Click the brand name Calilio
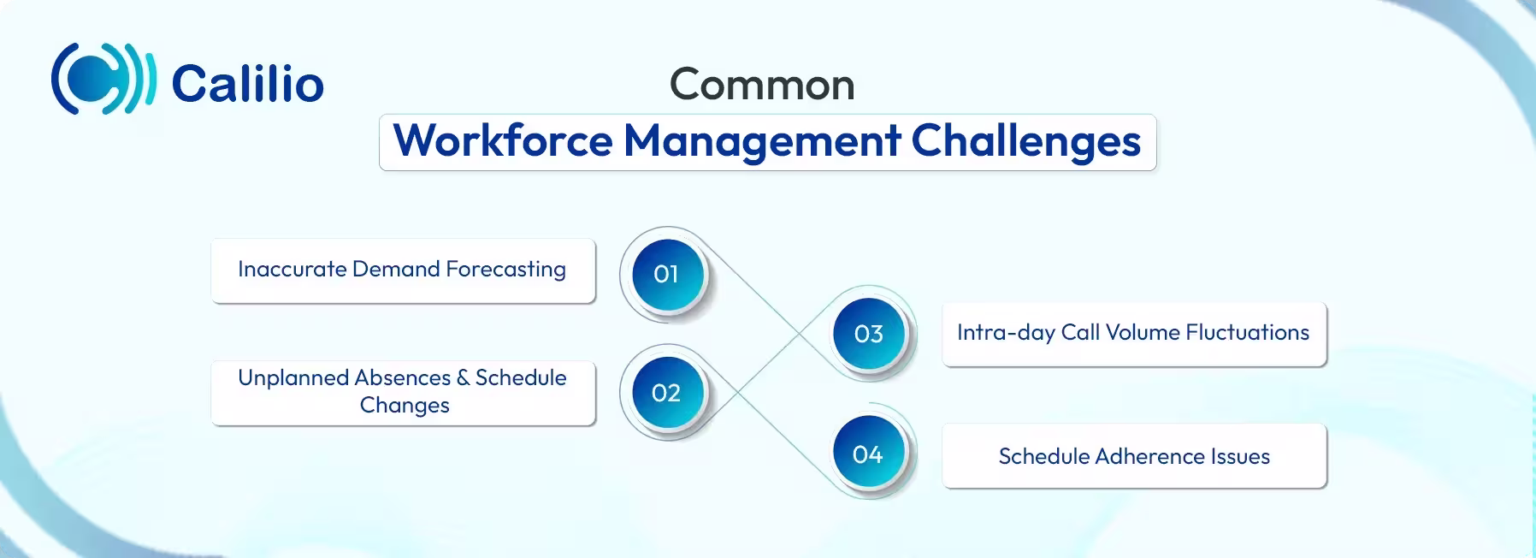point(247,84)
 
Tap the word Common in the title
point(762,85)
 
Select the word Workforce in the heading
point(503,141)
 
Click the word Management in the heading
point(762,141)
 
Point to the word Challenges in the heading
point(1025,141)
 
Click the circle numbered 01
point(666,275)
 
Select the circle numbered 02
point(666,393)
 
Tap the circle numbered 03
point(868,334)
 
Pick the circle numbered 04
point(868,454)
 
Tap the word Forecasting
point(505,270)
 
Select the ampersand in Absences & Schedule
point(463,379)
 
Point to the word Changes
point(405,406)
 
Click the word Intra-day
point(1006,333)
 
